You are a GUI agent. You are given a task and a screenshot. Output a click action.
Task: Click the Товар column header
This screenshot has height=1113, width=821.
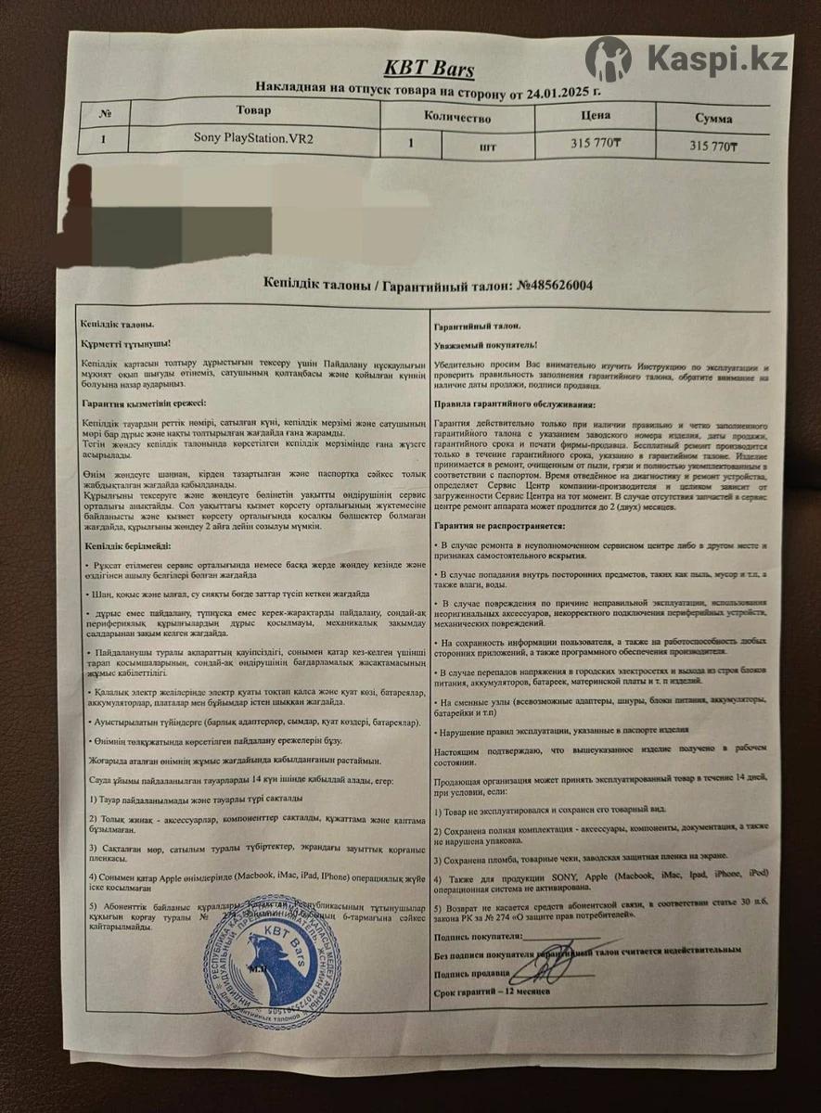pos(253,111)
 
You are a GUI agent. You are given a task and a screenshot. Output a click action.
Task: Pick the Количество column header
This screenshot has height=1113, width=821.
pos(456,118)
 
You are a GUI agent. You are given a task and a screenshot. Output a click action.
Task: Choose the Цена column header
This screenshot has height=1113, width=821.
pos(595,117)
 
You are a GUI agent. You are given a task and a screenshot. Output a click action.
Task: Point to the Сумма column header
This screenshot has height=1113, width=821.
pos(712,119)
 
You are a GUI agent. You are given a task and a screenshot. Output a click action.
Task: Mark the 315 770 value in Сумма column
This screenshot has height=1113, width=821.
pos(712,147)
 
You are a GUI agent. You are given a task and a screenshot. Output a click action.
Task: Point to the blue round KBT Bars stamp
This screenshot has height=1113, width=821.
pos(272,963)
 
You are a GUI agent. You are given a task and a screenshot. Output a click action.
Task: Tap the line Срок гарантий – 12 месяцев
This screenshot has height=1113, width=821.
pos(491,991)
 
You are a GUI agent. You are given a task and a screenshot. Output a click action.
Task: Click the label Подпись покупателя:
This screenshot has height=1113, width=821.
pos(471,938)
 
